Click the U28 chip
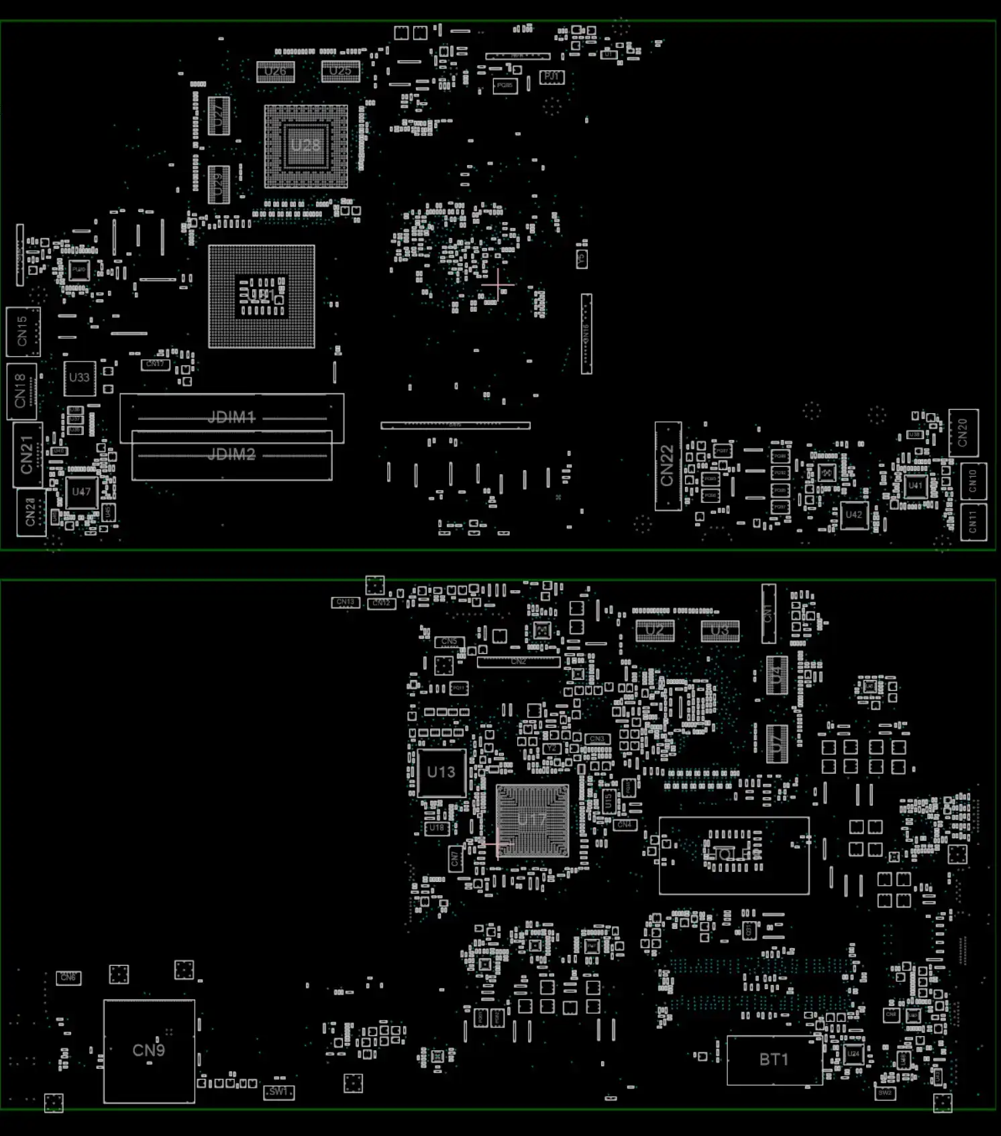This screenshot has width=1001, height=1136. pos(305,146)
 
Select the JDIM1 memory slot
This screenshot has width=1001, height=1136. pos(231,418)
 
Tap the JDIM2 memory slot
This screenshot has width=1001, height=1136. pos(231,455)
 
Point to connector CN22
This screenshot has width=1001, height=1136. pos(668,465)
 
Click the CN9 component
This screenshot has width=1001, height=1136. pos(149,1050)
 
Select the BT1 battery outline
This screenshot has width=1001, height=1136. pos(774,1060)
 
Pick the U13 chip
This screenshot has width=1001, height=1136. pos(441,773)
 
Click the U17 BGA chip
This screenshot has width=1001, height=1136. pos(532,820)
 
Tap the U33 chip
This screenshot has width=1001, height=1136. pos(79,378)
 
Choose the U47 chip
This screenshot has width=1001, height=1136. pos(81,492)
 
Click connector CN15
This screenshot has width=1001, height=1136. pos(23,331)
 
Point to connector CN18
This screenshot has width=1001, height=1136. pos(21,390)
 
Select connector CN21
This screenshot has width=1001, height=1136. pos(28,454)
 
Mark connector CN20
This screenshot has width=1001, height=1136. pos(963,433)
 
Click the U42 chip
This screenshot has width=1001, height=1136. pos(853,515)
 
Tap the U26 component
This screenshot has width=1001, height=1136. pos(275,71)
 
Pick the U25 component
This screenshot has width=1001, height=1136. pos(340,71)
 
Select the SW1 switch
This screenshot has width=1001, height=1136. pos(278,1092)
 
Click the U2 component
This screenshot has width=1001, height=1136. pos(655,630)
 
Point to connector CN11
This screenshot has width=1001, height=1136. pos(973,521)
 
